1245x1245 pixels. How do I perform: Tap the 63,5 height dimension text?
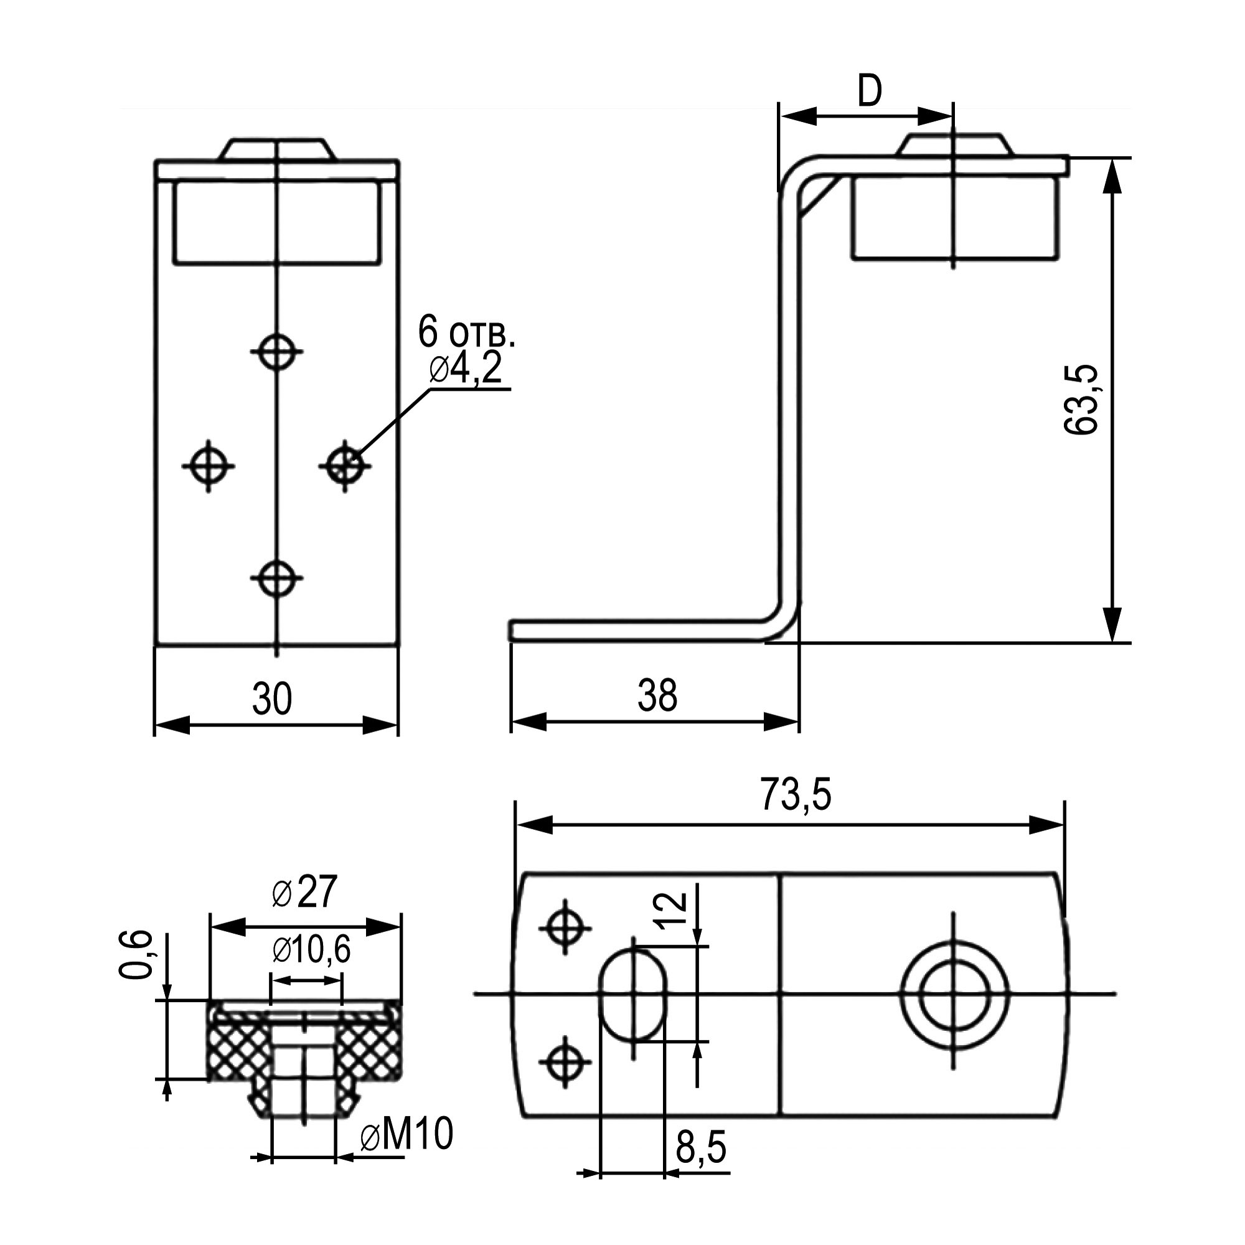(x=1081, y=400)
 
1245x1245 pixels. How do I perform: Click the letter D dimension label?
(x=869, y=92)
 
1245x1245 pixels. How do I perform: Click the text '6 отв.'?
(x=466, y=331)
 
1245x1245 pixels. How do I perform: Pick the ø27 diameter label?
(x=304, y=893)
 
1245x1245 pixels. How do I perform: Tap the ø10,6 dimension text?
(x=311, y=949)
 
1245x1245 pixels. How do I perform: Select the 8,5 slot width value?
(x=701, y=1147)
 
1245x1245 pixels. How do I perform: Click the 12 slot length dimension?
(x=672, y=910)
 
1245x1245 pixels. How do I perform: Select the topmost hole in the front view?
(x=276, y=352)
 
